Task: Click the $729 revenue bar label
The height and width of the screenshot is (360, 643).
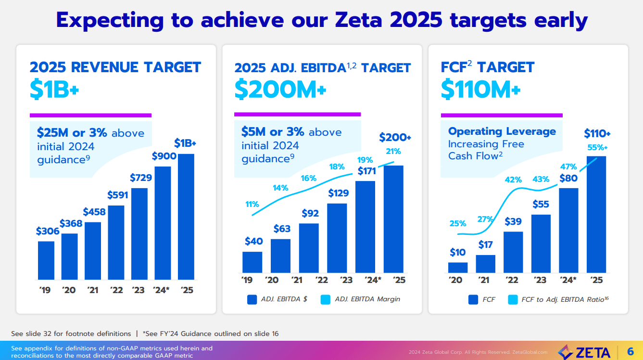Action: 141,178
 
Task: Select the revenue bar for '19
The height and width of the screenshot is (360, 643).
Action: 46,260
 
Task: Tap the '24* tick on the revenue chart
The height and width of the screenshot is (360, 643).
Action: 163,290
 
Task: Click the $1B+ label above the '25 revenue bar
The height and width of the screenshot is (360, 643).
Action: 185,143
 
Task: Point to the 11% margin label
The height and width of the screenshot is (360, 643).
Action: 252,204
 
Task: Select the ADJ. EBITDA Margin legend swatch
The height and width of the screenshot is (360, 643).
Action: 326,299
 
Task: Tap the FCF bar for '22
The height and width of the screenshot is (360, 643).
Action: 513,252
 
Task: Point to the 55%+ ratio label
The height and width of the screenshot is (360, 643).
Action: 597,147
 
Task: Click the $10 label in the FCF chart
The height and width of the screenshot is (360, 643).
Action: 458,252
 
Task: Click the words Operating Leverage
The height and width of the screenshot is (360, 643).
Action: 502,131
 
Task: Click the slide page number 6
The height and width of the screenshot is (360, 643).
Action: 630,351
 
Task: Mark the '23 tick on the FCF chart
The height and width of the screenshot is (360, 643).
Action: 541,281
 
